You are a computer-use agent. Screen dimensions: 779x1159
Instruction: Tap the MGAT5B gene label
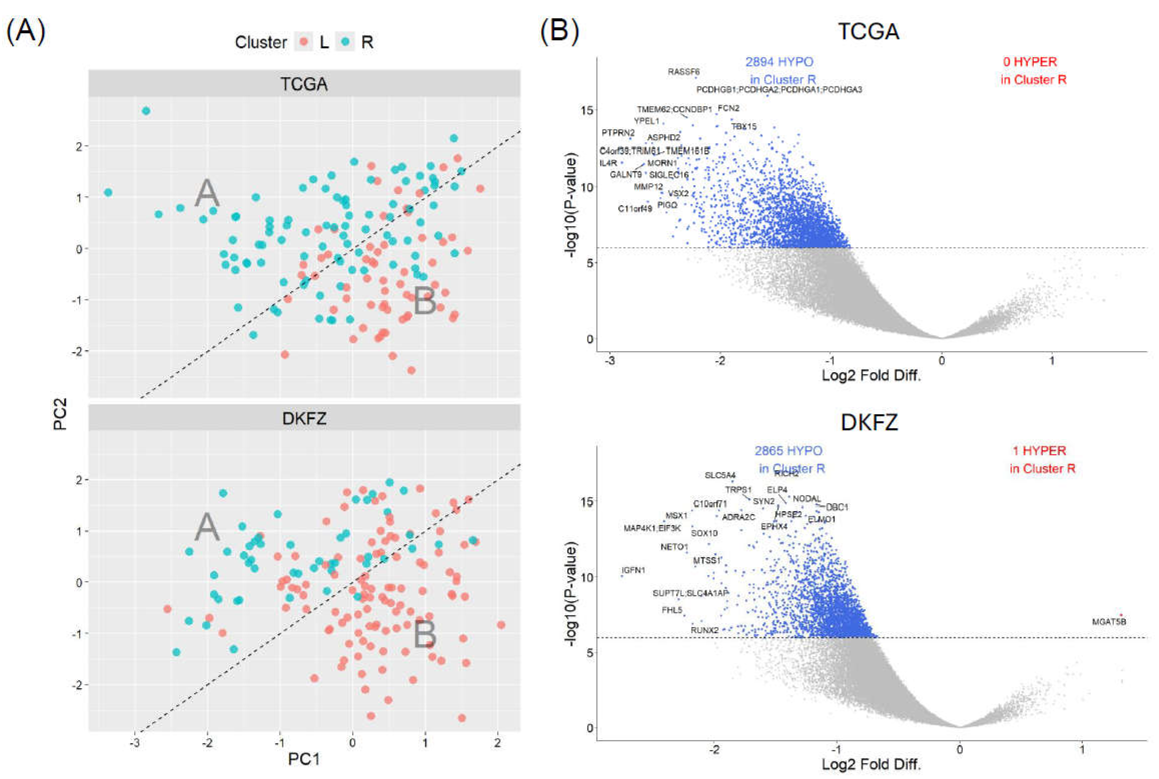[x=1109, y=622]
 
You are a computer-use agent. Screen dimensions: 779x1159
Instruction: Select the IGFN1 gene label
[x=633, y=570]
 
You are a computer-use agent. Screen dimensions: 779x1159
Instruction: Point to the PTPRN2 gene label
[x=618, y=133]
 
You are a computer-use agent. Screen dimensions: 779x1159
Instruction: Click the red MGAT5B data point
[x=1121, y=615]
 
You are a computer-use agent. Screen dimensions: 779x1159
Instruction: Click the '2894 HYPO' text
[x=779, y=62]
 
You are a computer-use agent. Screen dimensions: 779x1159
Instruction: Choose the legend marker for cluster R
[x=345, y=42]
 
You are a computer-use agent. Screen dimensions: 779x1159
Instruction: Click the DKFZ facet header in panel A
[x=304, y=419]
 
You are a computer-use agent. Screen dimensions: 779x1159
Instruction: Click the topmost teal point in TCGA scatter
[x=146, y=111]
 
